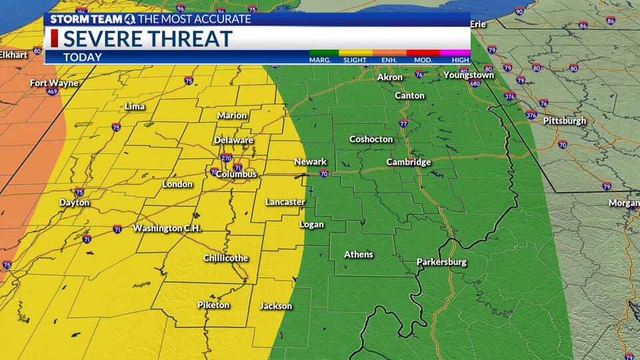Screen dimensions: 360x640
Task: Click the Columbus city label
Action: [236, 174]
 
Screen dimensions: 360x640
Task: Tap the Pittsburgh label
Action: [565, 121]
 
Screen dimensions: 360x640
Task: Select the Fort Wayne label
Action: [54, 83]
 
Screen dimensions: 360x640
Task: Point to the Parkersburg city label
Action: [441, 262]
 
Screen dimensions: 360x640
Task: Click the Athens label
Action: [359, 255]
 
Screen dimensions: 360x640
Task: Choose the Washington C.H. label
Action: [167, 228]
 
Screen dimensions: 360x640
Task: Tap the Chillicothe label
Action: [225, 258]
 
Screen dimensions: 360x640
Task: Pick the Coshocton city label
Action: [371, 139]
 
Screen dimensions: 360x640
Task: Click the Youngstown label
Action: [469, 75]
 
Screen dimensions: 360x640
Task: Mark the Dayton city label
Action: [74, 203]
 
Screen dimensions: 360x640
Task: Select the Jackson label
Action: [276, 306]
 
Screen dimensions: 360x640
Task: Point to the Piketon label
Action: [213, 305]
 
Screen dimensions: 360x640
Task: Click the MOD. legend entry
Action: [423, 59]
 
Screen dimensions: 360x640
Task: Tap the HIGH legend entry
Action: [460, 59]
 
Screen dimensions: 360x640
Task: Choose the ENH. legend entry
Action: [389, 59]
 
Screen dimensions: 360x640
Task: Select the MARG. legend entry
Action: [320, 59]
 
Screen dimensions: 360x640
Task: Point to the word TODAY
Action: [83, 57]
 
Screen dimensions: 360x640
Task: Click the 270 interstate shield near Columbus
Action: [227, 159]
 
